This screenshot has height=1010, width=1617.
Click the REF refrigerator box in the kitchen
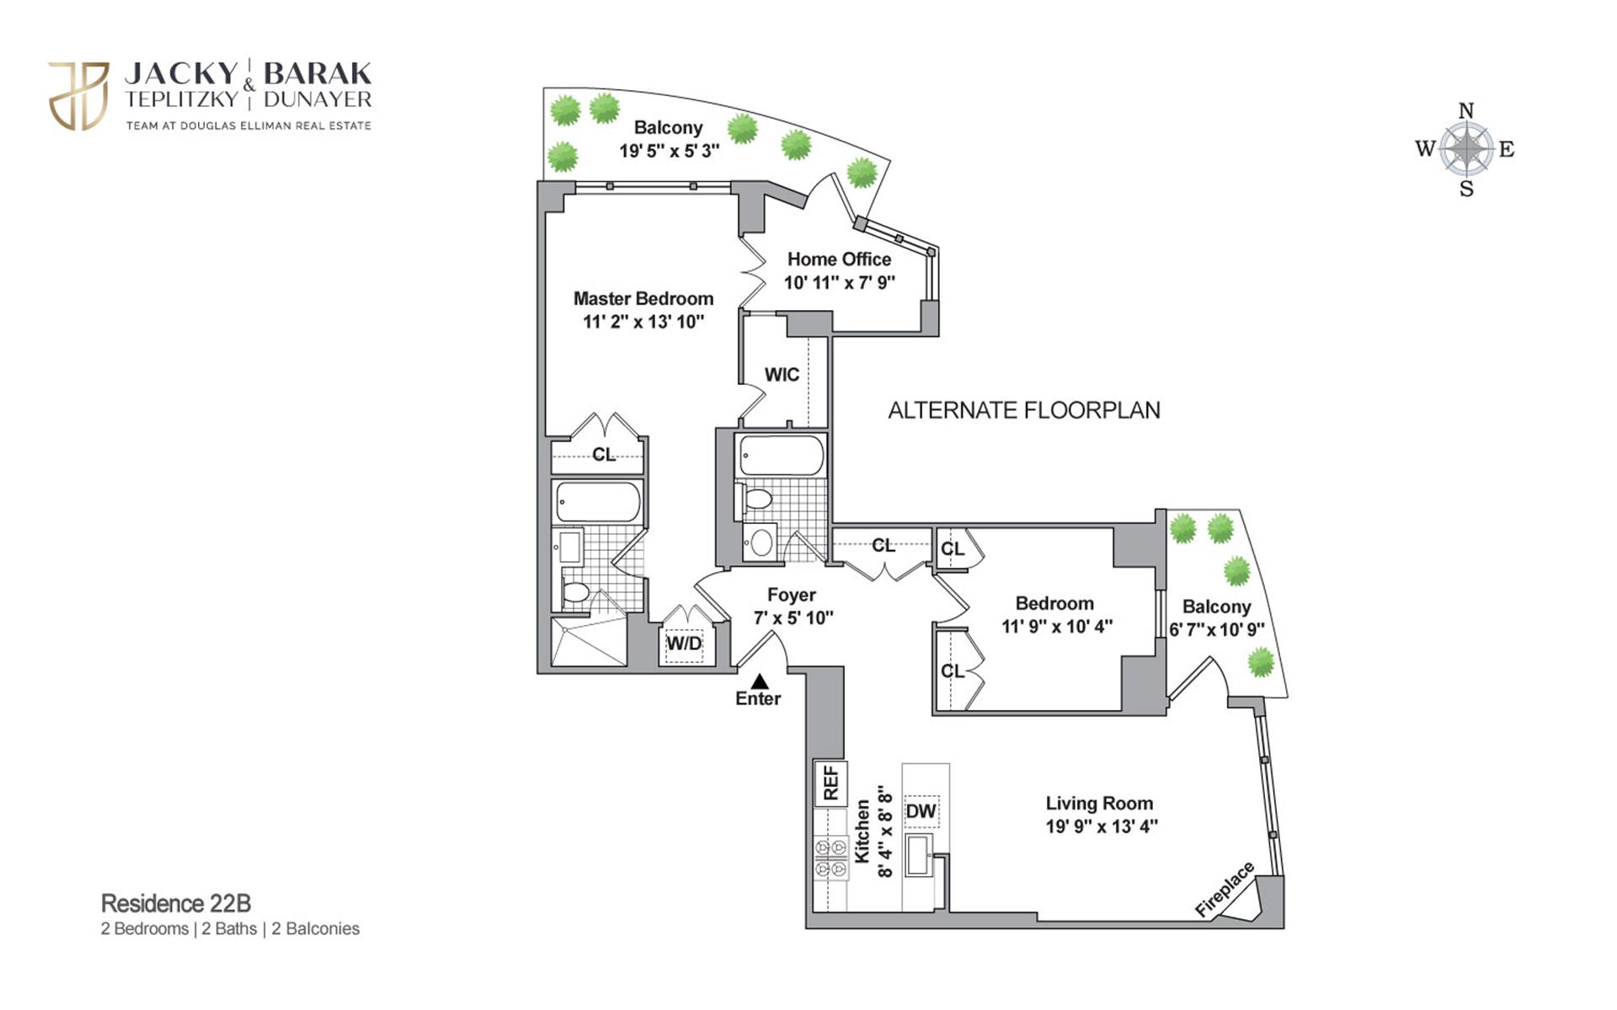point(830,783)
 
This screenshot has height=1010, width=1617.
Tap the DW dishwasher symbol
point(921,811)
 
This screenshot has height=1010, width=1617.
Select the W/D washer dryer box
point(684,644)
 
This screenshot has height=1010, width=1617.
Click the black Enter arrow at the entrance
point(760,681)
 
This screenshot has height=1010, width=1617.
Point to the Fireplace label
point(1225,890)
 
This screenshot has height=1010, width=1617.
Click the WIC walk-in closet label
point(782,375)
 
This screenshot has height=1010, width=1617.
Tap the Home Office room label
point(839,259)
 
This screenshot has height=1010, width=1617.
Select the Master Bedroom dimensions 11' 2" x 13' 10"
point(643,322)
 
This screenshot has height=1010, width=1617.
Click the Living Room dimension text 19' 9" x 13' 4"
point(1102,826)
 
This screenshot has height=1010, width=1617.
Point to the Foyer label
point(791,596)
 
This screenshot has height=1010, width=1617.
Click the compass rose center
point(1466,149)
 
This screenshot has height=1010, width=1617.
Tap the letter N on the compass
point(1466,111)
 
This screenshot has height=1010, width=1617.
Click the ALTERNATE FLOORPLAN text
point(1024,410)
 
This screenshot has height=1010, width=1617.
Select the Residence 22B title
point(176,903)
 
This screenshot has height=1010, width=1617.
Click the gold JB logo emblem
point(79,95)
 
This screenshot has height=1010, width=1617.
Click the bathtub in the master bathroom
point(598,502)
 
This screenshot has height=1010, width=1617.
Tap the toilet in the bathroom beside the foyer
point(759,500)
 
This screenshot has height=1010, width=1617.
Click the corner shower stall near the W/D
point(590,642)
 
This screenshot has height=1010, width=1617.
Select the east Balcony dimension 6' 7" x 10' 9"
point(1217,629)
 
